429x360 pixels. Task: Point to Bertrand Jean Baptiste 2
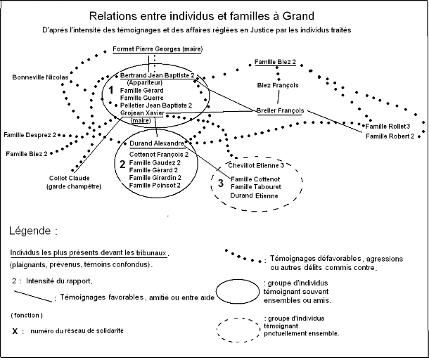click(x=157, y=75)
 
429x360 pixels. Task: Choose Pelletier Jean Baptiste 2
click(x=156, y=105)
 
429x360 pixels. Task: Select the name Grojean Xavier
click(x=143, y=113)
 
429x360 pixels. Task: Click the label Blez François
click(x=278, y=85)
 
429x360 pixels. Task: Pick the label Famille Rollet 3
click(x=388, y=126)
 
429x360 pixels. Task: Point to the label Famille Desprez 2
click(x=30, y=134)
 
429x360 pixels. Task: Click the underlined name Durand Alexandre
click(x=157, y=143)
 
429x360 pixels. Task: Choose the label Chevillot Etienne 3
click(x=255, y=166)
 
